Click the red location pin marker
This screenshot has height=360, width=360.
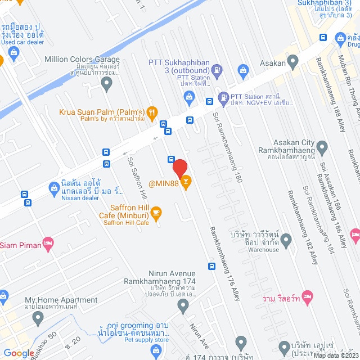click(179, 168)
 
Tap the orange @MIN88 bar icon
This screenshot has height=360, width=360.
click(187, 182)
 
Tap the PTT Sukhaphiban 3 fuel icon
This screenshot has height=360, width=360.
click(218, 70)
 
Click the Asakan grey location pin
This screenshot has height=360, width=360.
click(292, 61)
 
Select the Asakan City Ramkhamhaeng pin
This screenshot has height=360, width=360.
click(322, 148)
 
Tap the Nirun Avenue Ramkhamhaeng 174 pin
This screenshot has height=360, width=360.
click(183, 306)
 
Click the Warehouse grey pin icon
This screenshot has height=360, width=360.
click(286, 241)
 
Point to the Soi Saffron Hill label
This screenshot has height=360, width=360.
click(137, 174)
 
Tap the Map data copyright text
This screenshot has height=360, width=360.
click(335, 355)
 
